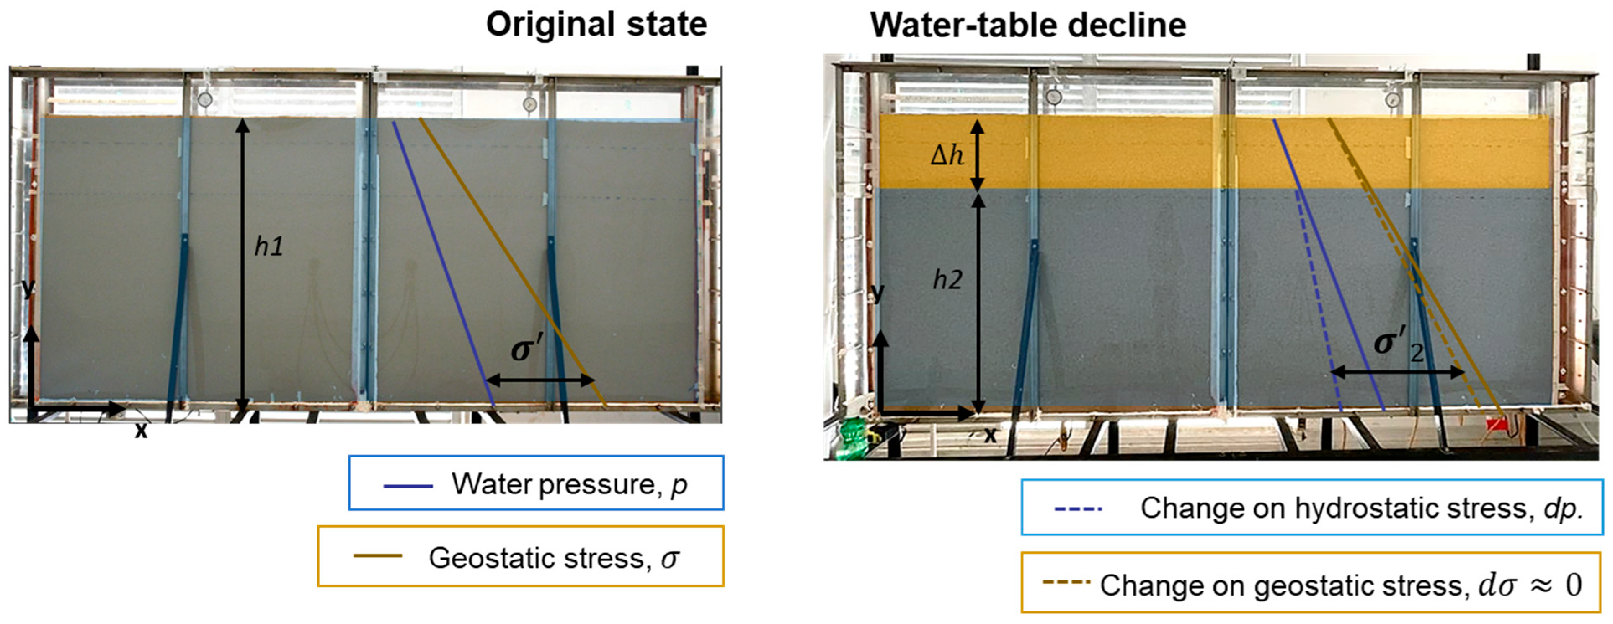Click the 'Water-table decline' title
(x=1027, y=26)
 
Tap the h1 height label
(x=268, y=247)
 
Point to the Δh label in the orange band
(x=947, y=154)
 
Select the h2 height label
(x=947, y=280)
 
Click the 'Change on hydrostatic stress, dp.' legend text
(x=1361, y=508)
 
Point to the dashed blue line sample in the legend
(x=1078, y=509)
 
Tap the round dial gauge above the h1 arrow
(x=205, y=99)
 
